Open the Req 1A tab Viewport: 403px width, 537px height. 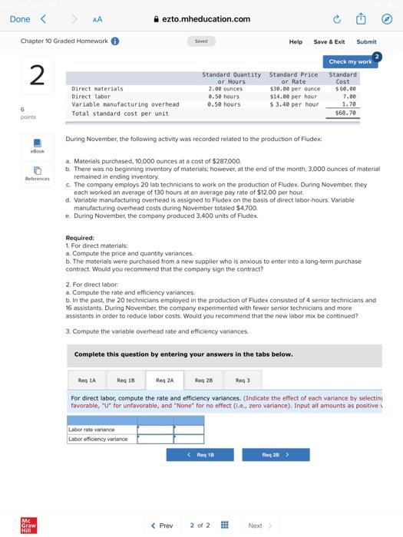[x=87, y=380]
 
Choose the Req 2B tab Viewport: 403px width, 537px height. [x=203, y=380]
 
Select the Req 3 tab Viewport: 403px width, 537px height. [x=243, y=380]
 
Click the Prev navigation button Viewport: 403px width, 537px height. [x=161, y=525]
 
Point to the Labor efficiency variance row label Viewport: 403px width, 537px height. [x=97, y=439]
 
